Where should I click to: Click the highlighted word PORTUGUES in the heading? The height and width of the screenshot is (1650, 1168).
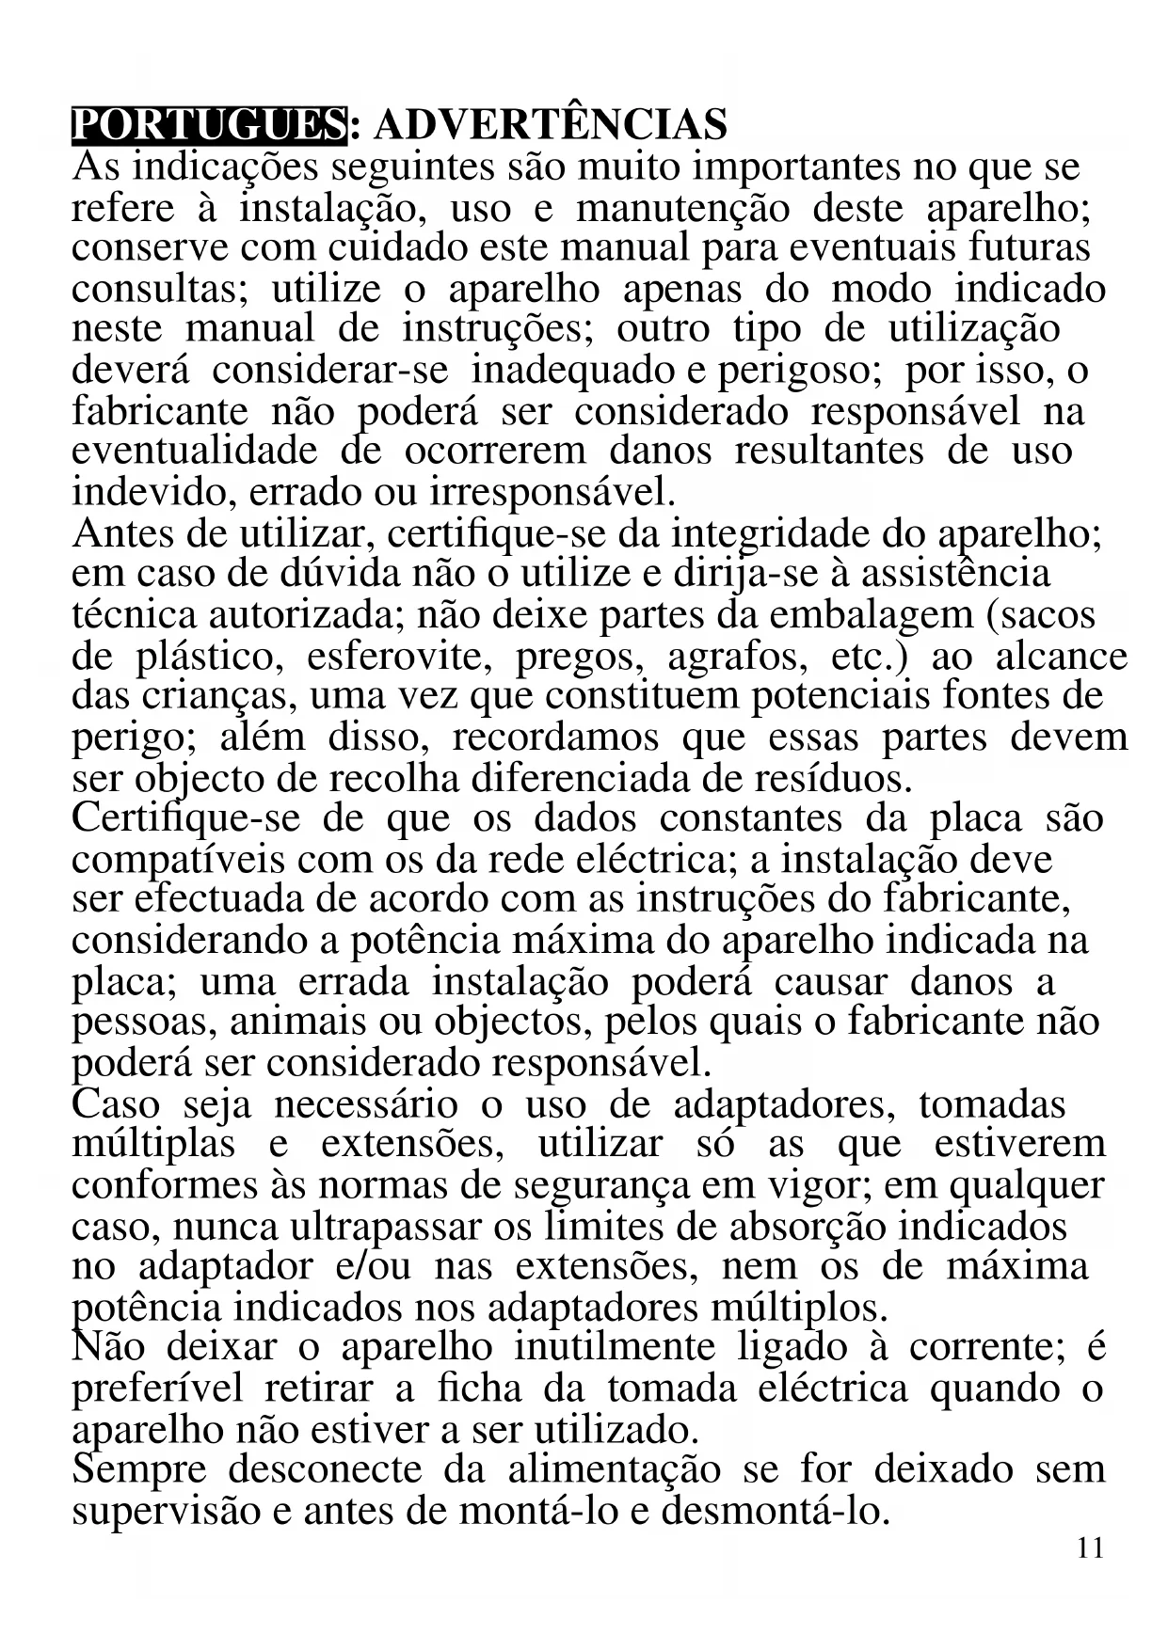point(209,125)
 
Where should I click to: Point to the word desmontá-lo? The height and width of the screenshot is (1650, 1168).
point(776,1511)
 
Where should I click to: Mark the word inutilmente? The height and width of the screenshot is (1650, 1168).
point(615,1347)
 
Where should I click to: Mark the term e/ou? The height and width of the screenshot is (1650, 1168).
point(373,1266)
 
